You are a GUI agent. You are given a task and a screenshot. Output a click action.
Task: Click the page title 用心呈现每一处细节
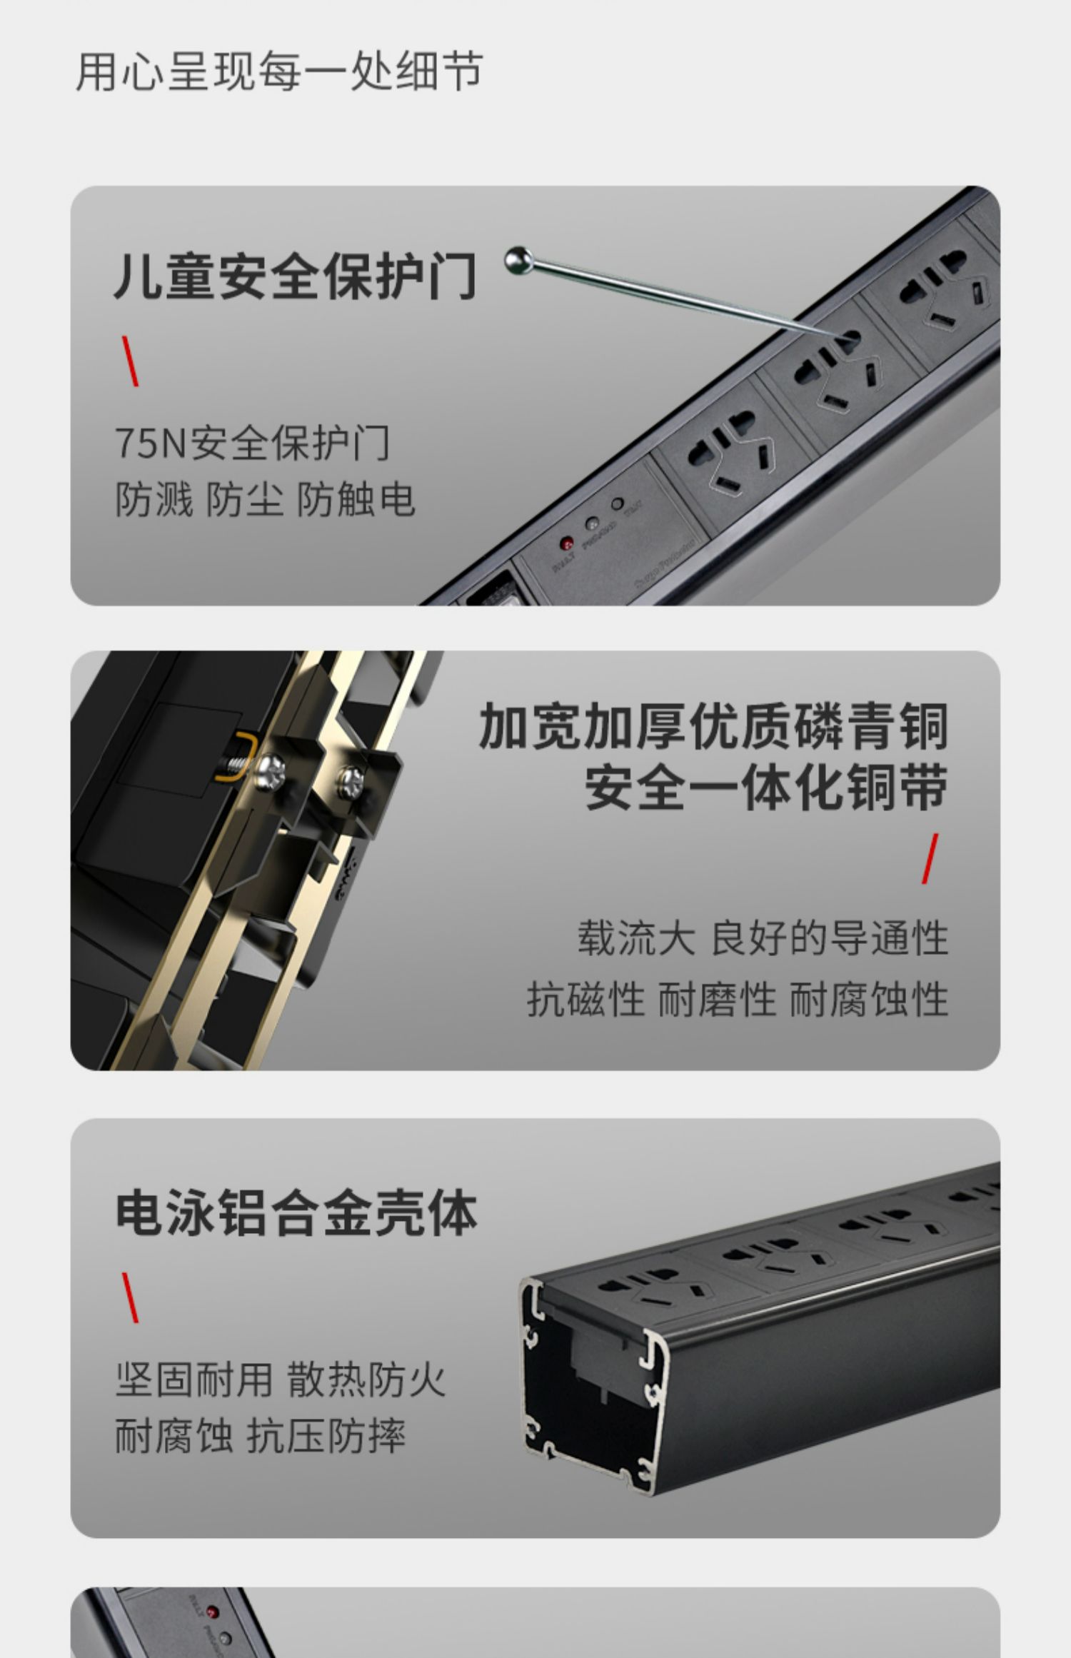279,71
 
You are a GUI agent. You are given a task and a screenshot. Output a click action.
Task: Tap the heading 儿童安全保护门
295,276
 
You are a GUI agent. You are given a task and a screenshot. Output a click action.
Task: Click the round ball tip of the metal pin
518,260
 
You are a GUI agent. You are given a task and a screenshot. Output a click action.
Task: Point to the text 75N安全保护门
252,443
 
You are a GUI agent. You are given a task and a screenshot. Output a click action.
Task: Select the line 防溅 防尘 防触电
265,499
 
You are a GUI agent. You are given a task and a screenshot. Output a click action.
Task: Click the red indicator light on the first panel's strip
566,543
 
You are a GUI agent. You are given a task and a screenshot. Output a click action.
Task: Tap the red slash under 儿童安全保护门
130,361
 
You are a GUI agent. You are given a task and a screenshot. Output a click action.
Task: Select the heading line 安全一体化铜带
766,788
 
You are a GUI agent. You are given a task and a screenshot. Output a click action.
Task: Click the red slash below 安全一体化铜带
929,858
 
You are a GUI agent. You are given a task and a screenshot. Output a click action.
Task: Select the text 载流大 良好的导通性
762,938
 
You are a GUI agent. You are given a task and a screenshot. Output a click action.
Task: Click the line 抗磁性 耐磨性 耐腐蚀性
737,999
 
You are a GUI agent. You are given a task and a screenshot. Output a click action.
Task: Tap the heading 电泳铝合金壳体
296,1212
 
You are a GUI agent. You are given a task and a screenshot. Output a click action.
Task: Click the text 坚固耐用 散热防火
280,1380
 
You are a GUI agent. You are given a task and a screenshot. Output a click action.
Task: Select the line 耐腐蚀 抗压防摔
260,1436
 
